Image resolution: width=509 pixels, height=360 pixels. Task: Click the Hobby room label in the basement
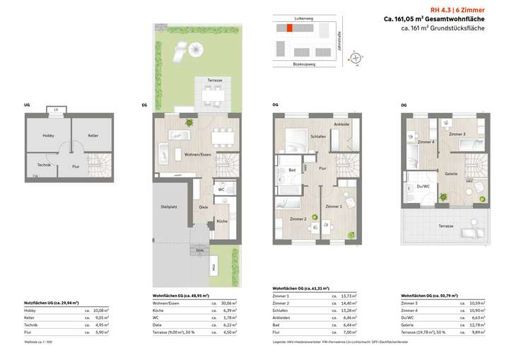point(48,135)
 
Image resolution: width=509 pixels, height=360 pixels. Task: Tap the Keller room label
point(93,135)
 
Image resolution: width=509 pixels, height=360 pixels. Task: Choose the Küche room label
point(222,221)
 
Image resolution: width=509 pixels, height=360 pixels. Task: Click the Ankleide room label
point(341,125)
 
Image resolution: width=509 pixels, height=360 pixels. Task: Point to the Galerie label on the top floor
point(450,174)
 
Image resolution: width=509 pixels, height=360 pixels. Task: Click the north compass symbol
point(357,57)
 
